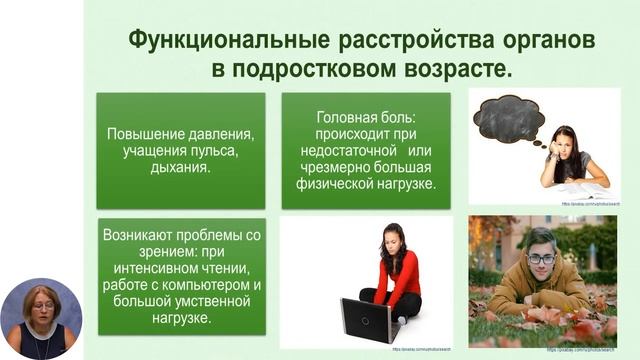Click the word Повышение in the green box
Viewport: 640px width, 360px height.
(144, 133)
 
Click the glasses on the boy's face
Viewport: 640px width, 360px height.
(541, 258)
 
